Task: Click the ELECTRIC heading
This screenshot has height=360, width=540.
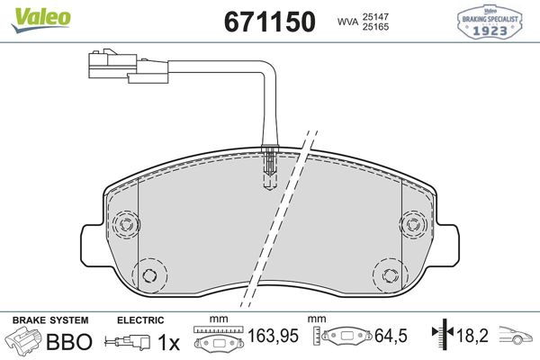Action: pos(140,319)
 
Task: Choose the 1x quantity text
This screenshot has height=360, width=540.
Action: pos(167,342)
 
